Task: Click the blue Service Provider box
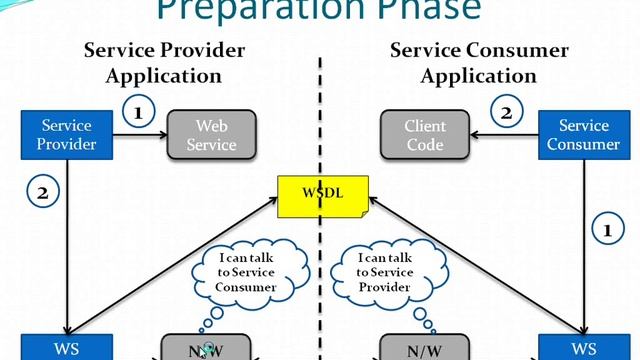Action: (67, 135)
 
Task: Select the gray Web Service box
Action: (211, 135)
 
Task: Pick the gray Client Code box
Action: (425, 135)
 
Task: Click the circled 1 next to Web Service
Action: (138, 112)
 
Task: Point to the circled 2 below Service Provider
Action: (42, 194)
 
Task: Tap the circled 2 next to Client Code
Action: (507, 112)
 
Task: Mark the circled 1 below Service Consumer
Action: (607, 231)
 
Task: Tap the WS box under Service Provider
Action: (66, 348)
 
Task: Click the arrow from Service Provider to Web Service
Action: (139, 136)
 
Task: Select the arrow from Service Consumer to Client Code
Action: (505, 136)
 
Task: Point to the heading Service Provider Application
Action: (164, 62)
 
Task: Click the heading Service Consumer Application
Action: (479, 62)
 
